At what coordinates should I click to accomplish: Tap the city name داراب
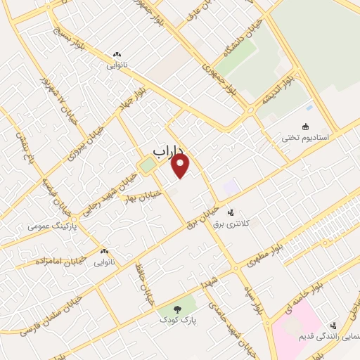pos(168,150)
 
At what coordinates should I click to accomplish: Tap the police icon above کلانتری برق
pos(230,211)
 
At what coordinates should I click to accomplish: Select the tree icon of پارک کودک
pos(176,309)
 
